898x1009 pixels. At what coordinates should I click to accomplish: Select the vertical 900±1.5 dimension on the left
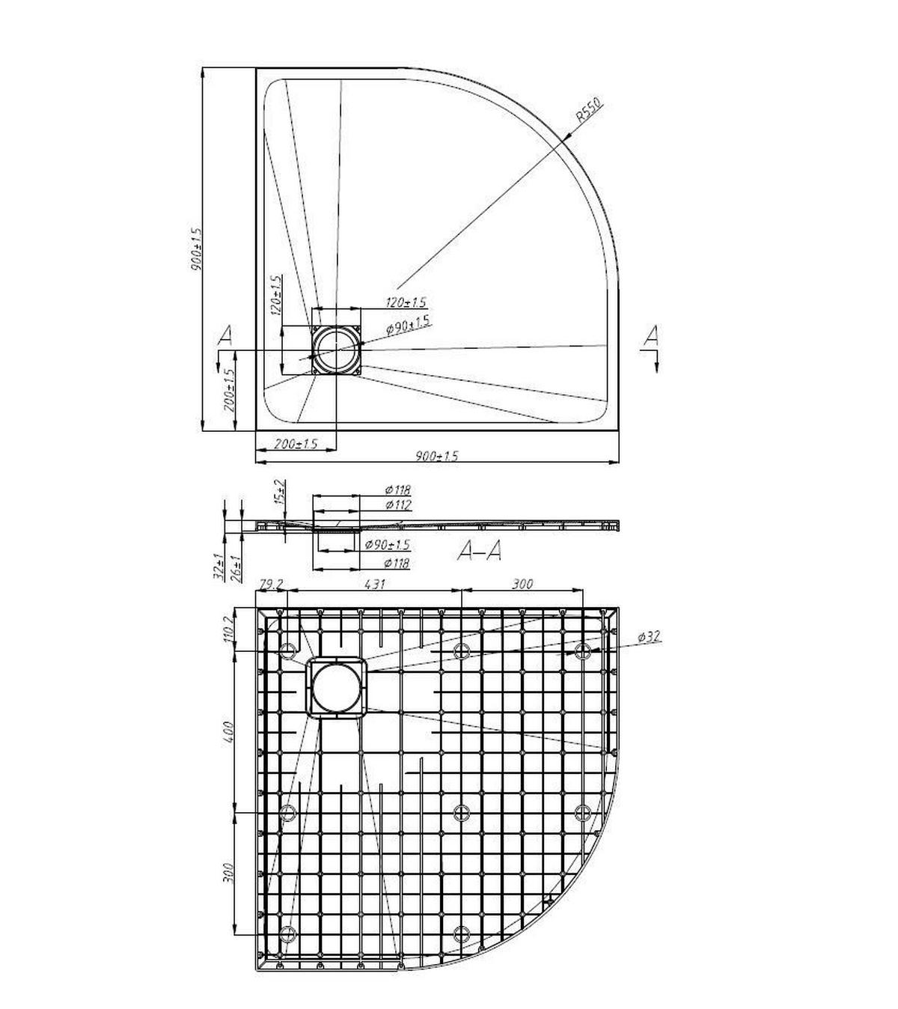click(x=197, y=249)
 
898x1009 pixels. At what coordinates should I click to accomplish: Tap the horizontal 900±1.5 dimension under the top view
click(x=436, y=456)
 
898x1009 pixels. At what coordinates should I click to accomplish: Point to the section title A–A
click(x=479, y=552)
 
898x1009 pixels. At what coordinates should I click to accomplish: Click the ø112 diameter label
click(x=397, y=505)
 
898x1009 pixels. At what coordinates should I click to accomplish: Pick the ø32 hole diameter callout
click(x=649, y=637)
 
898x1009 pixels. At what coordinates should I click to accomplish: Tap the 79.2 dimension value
click(x=269, y=584)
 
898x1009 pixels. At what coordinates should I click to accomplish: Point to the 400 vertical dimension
click(x=230, y=731)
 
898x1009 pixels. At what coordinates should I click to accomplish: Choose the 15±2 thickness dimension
click(x=280, y=491)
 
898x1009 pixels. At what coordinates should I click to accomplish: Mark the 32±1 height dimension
click(x=219, y=566)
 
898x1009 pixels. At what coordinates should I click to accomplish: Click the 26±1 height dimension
click(x=236, y=566)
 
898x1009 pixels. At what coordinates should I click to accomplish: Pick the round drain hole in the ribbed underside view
click(x=336, y=687)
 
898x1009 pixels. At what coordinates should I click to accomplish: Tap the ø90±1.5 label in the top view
click(x=408, y=324)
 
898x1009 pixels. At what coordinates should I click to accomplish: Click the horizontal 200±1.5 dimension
click(x=295, y=444)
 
